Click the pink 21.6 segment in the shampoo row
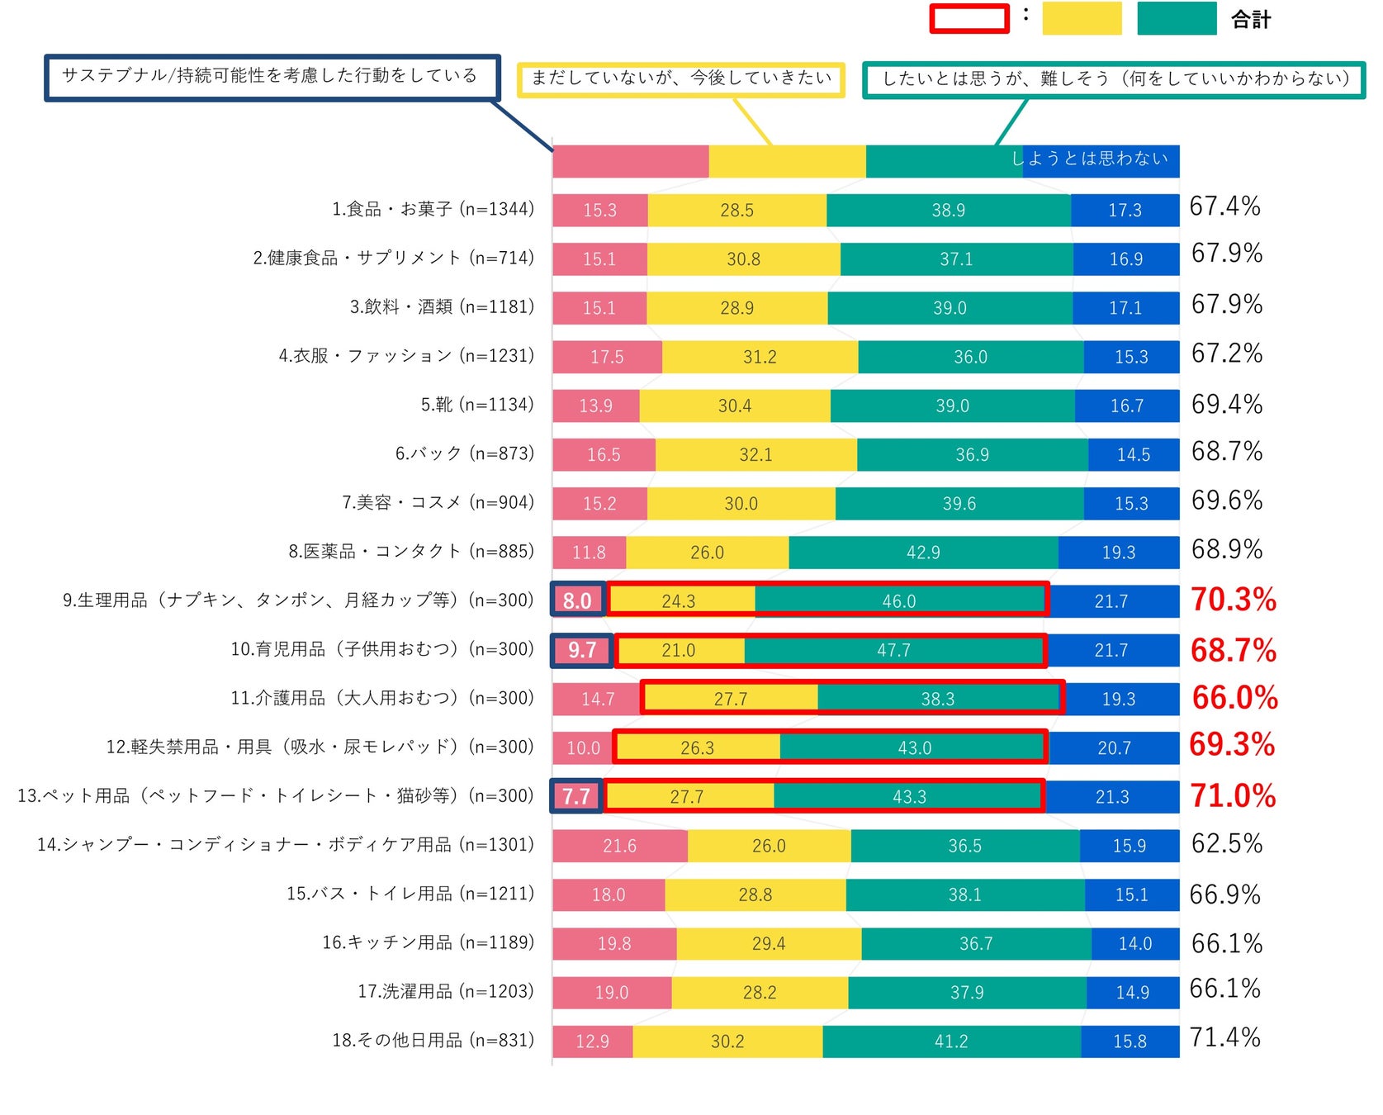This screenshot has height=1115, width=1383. [619, 846]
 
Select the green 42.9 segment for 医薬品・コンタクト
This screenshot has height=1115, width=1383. [923, 553]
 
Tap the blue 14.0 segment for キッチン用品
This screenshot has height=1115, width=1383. [1135, 943]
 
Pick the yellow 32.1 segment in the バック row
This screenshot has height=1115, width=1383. [755, 455]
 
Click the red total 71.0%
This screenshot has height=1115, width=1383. [1233, 796]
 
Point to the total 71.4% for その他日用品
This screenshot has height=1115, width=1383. [1225, 1037]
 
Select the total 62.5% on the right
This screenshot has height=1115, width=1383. [1227, 844]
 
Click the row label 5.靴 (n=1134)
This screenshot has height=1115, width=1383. [477, 405]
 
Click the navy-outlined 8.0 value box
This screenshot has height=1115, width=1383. [577, 600]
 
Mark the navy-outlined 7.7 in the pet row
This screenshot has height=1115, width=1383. [576, 796]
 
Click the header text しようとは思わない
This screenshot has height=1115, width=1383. [1090, 159]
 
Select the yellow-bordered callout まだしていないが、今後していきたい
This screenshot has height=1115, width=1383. [681, 79]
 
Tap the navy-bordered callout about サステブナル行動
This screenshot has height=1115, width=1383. [271, 77]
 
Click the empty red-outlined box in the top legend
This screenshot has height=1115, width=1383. [969, 19]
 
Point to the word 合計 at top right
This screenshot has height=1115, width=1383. [1251, 20]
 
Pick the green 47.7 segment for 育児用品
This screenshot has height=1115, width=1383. [893, 651]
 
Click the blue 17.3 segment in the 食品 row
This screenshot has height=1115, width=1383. [1125, 211]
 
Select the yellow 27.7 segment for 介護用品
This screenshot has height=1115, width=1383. [730, 700]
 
